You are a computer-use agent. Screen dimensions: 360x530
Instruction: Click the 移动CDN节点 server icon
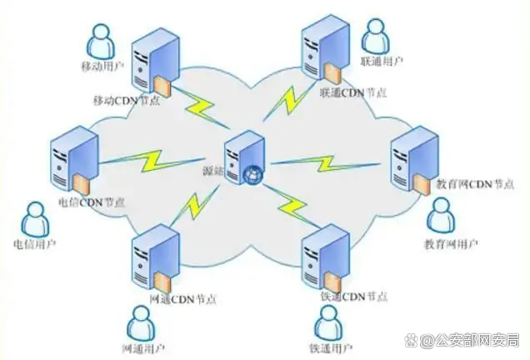point(151,59)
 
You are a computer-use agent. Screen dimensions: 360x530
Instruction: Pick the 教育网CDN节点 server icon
point(415,153)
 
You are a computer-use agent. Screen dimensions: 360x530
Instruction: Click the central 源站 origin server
point(242,157)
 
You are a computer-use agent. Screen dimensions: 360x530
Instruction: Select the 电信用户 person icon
point(34,219)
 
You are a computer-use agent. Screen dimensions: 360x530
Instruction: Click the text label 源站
point(213,171)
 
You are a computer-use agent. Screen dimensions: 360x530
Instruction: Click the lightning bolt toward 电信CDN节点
point(155,158)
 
